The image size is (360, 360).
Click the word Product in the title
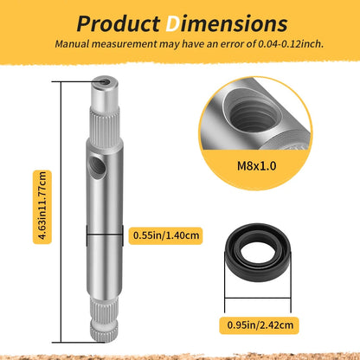click(119, 23)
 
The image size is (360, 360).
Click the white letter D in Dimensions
click(173, 23)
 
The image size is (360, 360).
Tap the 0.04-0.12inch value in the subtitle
click(290, 44)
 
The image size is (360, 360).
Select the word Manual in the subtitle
click(72, 44)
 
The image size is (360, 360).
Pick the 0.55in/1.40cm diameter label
click(166, 235)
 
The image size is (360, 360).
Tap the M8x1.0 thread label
click(256, 166)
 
